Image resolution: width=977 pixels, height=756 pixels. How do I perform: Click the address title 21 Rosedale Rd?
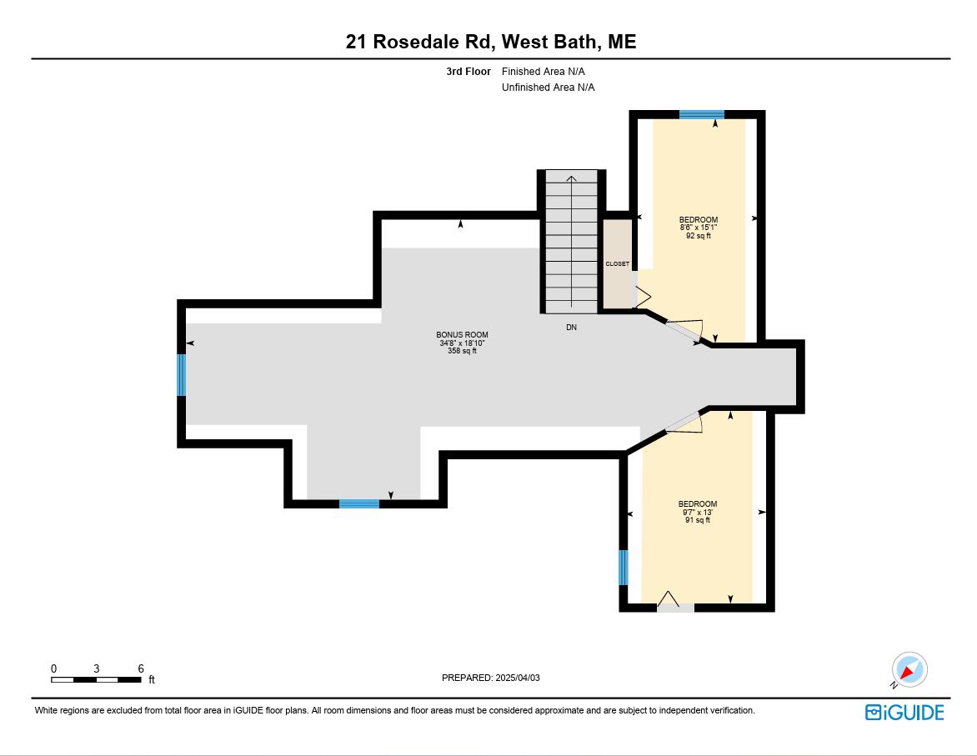click(x=490, y=42)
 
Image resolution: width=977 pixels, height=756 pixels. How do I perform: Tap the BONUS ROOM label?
click(x=463, y=335)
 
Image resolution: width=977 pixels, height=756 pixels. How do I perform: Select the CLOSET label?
click(x=617, y=263)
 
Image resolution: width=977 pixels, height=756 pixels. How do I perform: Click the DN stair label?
click(x=571, y=328)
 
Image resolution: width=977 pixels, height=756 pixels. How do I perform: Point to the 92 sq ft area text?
click(x=698, y=236)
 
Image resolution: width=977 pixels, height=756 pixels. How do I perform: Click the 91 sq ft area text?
click(x=697, y=520)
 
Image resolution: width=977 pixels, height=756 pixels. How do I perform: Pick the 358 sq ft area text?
click(x=463, y=351)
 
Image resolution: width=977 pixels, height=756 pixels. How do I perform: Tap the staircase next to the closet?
click(x=571, y=242)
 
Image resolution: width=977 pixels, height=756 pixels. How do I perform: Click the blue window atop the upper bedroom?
click(x=701, y=115)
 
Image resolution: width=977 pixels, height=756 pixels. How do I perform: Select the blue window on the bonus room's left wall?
click(x=181, y=375)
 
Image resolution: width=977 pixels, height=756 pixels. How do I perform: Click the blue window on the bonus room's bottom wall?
click(x=359, y=503)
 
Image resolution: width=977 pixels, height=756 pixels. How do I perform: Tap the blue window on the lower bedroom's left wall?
click(x=623, y=567)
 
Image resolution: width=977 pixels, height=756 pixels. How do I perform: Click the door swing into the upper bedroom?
click(x=688, y=330)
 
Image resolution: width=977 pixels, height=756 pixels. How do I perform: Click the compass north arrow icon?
click(x=909, y=670)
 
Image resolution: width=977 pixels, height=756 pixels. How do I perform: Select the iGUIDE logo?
click(x=904, y=712)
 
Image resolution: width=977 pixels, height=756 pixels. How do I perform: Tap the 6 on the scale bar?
click(x=141, y=668)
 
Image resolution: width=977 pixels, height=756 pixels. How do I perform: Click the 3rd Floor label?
click(x=468, y=72)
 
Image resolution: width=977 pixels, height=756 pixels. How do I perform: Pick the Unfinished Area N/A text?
click(x=548, y=88)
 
